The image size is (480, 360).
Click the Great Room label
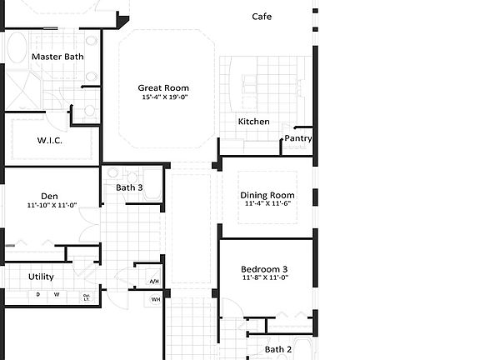(163, 87)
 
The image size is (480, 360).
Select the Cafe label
(262, 17)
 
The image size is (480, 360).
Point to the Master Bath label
(57, 57)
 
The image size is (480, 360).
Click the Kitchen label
(253, 122)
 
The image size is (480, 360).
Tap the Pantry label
(297, 138)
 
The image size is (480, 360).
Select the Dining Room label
(269, 195)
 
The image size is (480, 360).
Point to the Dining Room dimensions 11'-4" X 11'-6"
(269, 204)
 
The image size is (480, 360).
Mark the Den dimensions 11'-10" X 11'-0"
(52, 205)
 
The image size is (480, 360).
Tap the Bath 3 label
(129, 187)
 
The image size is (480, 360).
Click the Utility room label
(41, 276)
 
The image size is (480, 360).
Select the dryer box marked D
(37, 294)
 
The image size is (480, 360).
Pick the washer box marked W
(57, 294)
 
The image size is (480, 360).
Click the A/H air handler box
(154, 282)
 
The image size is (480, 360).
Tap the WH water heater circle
(156, 299)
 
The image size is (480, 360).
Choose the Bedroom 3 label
(264, 269)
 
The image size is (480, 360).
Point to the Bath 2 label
(278, 350)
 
